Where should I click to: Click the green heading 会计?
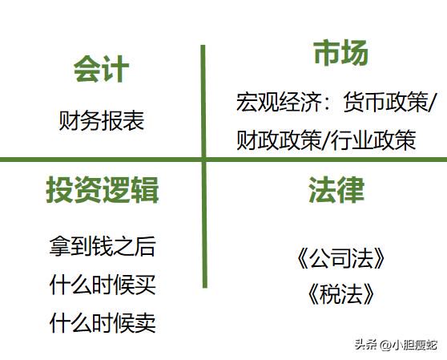(x=101, y=69)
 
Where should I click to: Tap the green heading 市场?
(x=340, y=53)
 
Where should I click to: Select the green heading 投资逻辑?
(x=103, y=190)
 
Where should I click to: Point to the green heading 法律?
(x=336, y=190)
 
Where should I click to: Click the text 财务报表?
(x=101, y=120)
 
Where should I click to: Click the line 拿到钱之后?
(x=103, y=246)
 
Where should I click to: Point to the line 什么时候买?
(x=103, y=285)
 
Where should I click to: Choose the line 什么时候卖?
(x=103, y=322)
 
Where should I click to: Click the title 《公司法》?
(x=340, y=258)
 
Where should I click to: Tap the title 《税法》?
(x=340, y=293)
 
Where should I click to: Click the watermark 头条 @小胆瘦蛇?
(x=396, y=345)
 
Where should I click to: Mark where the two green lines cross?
(x=203, y=160)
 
